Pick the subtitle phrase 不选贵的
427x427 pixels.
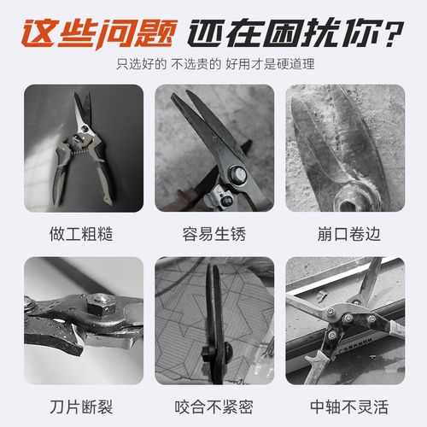[198, 63]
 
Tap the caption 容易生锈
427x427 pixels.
[213, 233]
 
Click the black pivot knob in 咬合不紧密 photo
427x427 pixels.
[209, 352]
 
